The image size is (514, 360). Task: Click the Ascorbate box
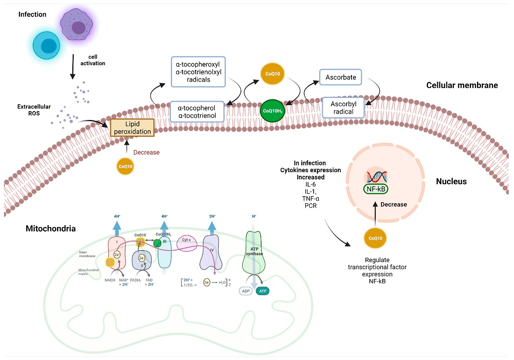(x=341, y=77)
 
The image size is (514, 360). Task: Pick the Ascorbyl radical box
(x=343, y=108)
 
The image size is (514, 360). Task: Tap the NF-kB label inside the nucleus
(x=376, y=189)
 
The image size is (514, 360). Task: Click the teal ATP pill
(x=262, y=291)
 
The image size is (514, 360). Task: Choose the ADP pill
(x=246, y=291)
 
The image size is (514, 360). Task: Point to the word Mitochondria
(x=51, y=229)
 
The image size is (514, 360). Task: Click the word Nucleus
(x=451, y=181)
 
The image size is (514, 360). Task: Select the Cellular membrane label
(x=462, y=85)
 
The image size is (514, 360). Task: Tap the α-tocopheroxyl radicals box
(x=198, y=71)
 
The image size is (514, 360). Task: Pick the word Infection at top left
(x=33, y=14)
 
